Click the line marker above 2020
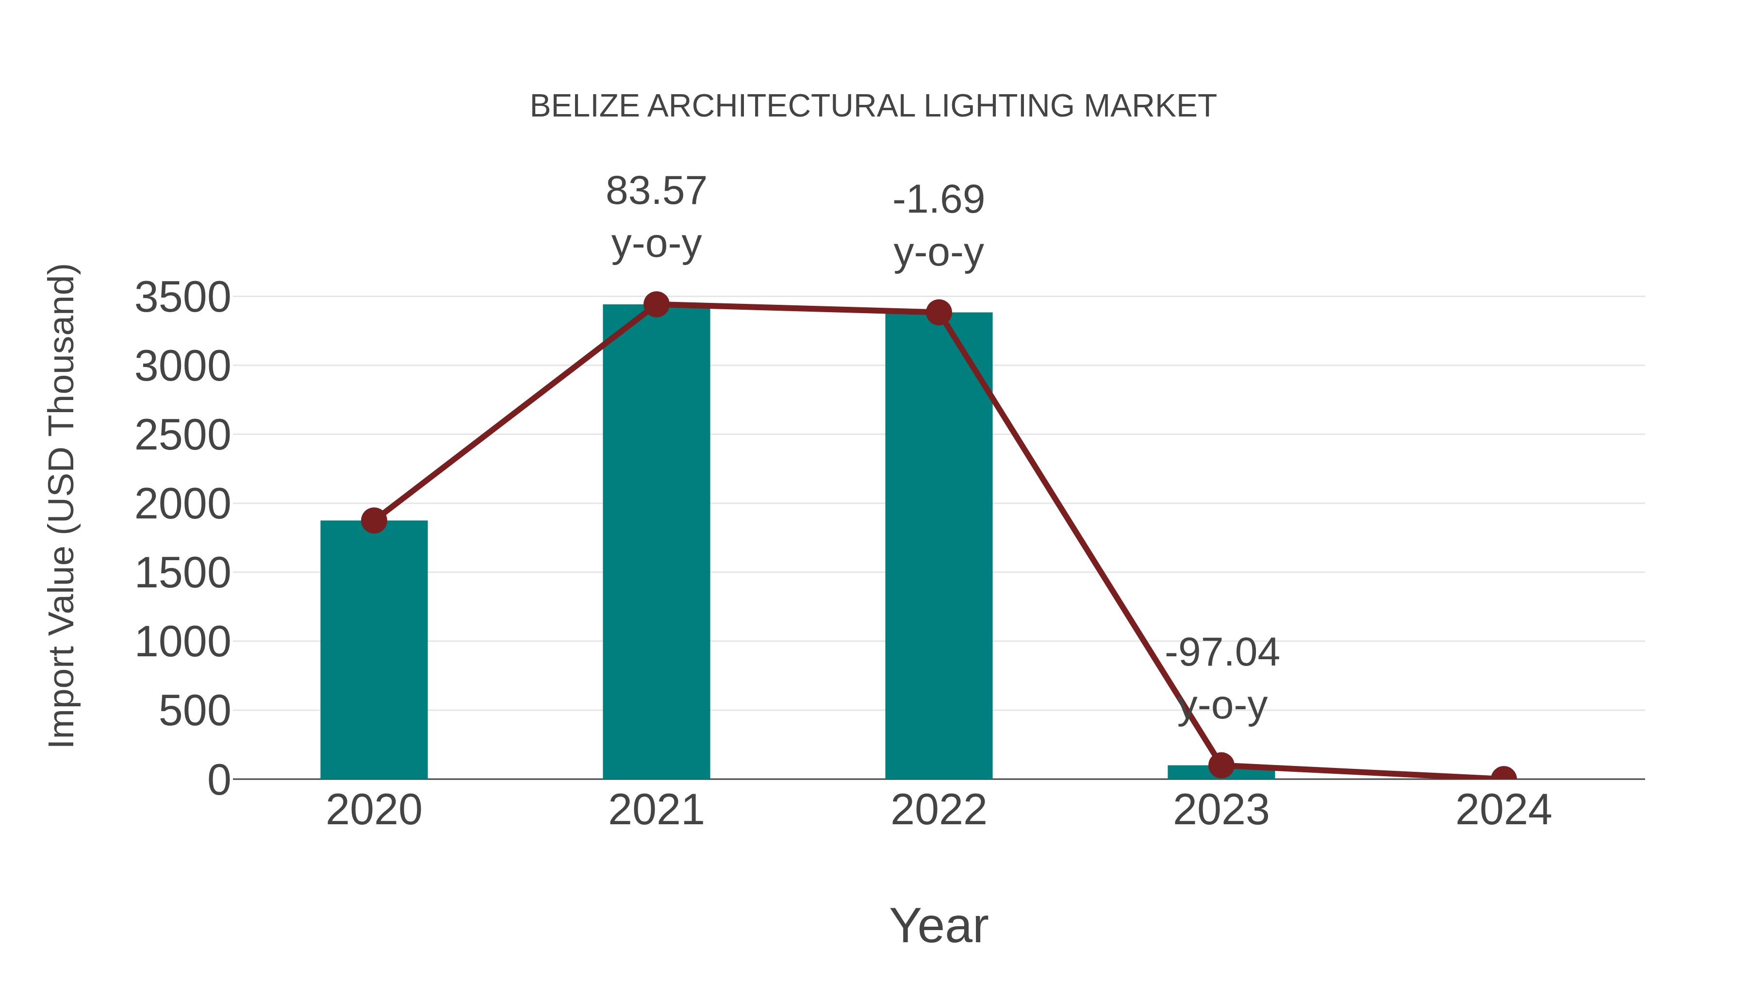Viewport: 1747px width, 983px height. coord(374,520)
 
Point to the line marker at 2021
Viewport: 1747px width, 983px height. coord(656,304)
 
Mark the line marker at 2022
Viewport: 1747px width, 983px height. coord(938,312)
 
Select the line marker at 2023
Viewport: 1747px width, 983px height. coord(1221,765)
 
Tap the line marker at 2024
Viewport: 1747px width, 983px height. coord(1503,778)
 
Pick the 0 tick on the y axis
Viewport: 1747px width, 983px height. coord(219,780)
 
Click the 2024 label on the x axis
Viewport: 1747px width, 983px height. coord(1503,810)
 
